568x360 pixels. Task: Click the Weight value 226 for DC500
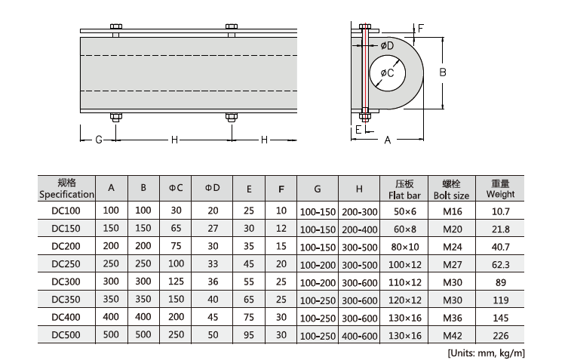pos(500,335)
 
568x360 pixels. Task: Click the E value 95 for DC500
pos(248,335)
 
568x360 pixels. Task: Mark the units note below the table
pos(486,352)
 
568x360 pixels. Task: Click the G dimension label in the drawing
pos(98,140)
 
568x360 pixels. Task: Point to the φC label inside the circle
pos(387,72)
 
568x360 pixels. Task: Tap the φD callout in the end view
pos(388,46)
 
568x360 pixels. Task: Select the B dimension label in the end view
pos(444,72)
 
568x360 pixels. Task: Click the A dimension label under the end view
pos(388,140)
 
